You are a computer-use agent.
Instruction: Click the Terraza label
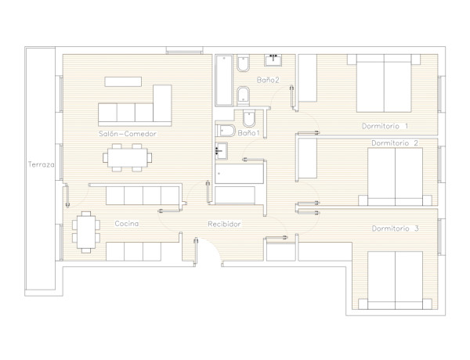41,164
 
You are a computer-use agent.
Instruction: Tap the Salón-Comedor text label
128,134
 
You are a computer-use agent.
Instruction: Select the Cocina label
127,223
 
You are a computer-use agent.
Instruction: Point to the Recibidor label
224,224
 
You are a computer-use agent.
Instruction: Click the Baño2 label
268,80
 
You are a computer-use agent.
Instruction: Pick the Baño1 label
248,133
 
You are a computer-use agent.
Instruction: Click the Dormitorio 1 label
385,126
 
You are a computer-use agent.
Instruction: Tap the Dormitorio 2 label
395,143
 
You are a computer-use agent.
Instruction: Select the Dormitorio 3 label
395,229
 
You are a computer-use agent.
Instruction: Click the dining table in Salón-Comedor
128,157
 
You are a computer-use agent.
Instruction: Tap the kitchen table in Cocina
86,232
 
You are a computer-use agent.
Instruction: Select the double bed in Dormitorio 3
395,280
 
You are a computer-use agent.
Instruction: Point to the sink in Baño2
273,60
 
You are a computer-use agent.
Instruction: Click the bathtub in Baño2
224,81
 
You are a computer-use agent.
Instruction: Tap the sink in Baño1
221,151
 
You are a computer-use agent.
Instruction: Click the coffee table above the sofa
123,81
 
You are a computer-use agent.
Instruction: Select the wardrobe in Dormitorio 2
308,158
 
